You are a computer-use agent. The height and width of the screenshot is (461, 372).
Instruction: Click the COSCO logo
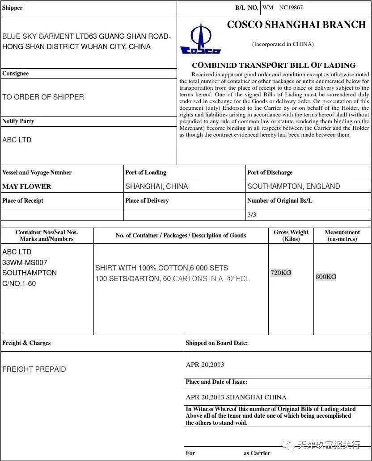200,39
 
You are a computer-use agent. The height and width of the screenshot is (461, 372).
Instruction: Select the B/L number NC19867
291,8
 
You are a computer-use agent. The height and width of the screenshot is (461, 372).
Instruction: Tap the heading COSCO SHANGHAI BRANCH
296,25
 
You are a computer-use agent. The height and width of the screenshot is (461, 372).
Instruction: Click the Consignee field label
15,74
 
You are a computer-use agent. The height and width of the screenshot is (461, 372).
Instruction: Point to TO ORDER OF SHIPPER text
43,97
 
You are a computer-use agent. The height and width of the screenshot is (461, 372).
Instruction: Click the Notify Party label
18,121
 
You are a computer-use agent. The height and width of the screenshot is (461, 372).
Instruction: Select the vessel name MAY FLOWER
27,187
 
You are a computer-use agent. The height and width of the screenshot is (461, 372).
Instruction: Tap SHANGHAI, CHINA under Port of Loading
156,186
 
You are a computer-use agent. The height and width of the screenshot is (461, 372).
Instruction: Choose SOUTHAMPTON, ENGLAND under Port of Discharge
293,186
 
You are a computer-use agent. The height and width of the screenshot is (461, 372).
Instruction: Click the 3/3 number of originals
252,215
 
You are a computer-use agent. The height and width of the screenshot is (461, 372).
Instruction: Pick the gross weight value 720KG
281,273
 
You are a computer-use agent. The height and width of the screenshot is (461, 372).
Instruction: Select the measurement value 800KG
326,277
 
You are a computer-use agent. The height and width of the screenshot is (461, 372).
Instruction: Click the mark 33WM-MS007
25,262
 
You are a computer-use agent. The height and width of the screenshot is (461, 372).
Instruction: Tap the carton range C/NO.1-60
19,283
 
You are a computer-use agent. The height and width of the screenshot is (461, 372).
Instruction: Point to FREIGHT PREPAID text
34,369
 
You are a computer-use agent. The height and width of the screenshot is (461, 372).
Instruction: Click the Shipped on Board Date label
216,343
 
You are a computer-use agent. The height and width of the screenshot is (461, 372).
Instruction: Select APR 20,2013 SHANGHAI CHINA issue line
236,397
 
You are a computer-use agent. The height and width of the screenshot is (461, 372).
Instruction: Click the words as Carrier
257,453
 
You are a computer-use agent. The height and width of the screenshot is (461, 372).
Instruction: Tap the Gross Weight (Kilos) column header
291,236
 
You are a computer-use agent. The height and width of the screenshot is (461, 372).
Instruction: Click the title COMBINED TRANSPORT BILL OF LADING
274,65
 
